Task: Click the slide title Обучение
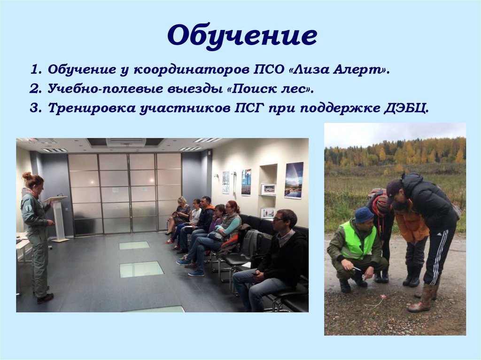pos(242,37)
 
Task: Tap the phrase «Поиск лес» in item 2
pos(272,89)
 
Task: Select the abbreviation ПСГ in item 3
pos(250,108)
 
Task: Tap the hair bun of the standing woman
pos(27,176)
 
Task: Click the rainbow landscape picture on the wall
pos(294,180)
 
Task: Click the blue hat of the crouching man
pos(364,215)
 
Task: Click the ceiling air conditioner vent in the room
pos(125,142)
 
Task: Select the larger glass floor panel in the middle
pos(141,269)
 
